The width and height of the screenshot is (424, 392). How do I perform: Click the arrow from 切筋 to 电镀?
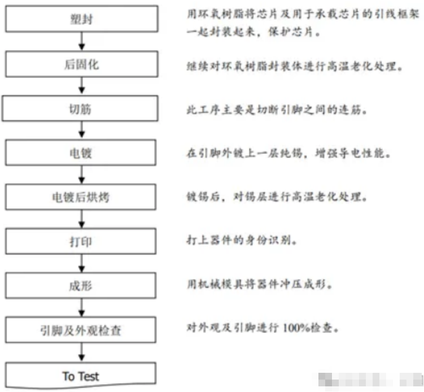(83, 130)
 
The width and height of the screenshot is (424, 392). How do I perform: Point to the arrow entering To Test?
(83, 352)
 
